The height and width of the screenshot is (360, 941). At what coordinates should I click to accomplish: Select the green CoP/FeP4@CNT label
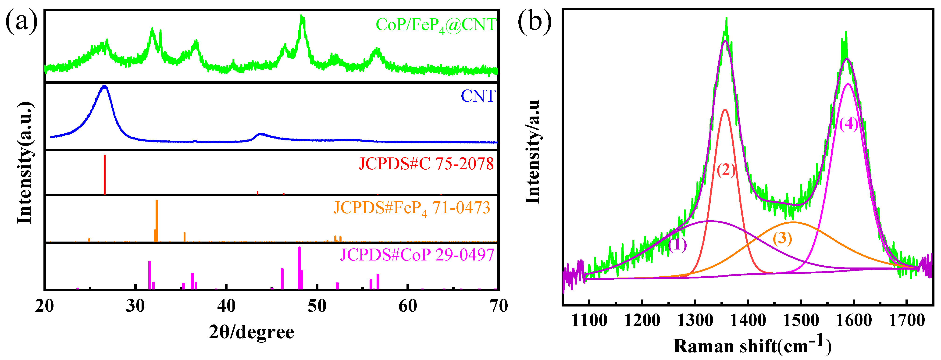click(x=435, y=25)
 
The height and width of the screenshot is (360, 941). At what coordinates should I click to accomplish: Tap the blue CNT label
click(x=478, y=96)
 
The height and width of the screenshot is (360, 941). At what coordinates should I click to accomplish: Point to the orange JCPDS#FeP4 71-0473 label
click(x=411, y=208)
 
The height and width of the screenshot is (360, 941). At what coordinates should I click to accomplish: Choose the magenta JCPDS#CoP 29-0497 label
click(x=417, y=254)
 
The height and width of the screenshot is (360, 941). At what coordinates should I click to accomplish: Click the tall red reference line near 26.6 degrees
click(x=105, y=175)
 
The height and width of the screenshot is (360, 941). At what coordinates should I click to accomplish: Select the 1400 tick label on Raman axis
click(x=748, y=321)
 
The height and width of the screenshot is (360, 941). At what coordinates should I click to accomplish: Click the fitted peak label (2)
click(x=726, y=170)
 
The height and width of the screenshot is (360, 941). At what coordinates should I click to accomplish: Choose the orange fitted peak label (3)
click(x=782, y=239)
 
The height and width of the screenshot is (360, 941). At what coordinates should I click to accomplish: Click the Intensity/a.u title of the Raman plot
click(x=533, y=152)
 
